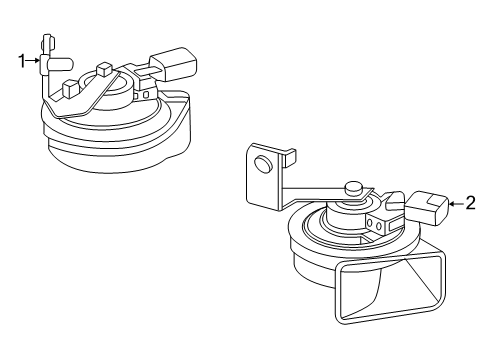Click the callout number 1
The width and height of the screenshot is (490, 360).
[x=22, y=61]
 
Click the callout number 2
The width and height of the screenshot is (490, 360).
[x=470, y=203]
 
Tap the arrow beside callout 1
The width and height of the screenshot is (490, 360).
[x=33, y=61]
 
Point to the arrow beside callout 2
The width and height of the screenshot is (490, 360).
[x=456, y=203]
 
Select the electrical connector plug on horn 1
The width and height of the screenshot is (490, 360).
[x=173, y=64]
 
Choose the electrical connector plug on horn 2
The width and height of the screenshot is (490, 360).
[x=427, y=208]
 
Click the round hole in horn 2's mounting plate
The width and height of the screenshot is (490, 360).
[x=263, y=164]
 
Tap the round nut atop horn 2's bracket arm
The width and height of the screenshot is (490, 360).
[x=354, y=189]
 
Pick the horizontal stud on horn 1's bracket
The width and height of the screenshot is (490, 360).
[x=60, y=64]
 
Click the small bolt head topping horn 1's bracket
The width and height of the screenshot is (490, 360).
[x=48, y=43]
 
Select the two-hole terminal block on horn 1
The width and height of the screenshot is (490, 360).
[x=142, y=95]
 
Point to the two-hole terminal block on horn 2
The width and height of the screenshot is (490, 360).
[x=376, y=225]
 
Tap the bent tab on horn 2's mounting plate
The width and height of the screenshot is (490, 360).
[x=289, y=157]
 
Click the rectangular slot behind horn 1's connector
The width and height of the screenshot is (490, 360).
[x=146, y=71]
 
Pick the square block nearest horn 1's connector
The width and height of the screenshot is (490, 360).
[x=103, y=69]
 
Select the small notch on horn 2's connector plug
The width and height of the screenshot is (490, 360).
[x=436, y=201]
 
